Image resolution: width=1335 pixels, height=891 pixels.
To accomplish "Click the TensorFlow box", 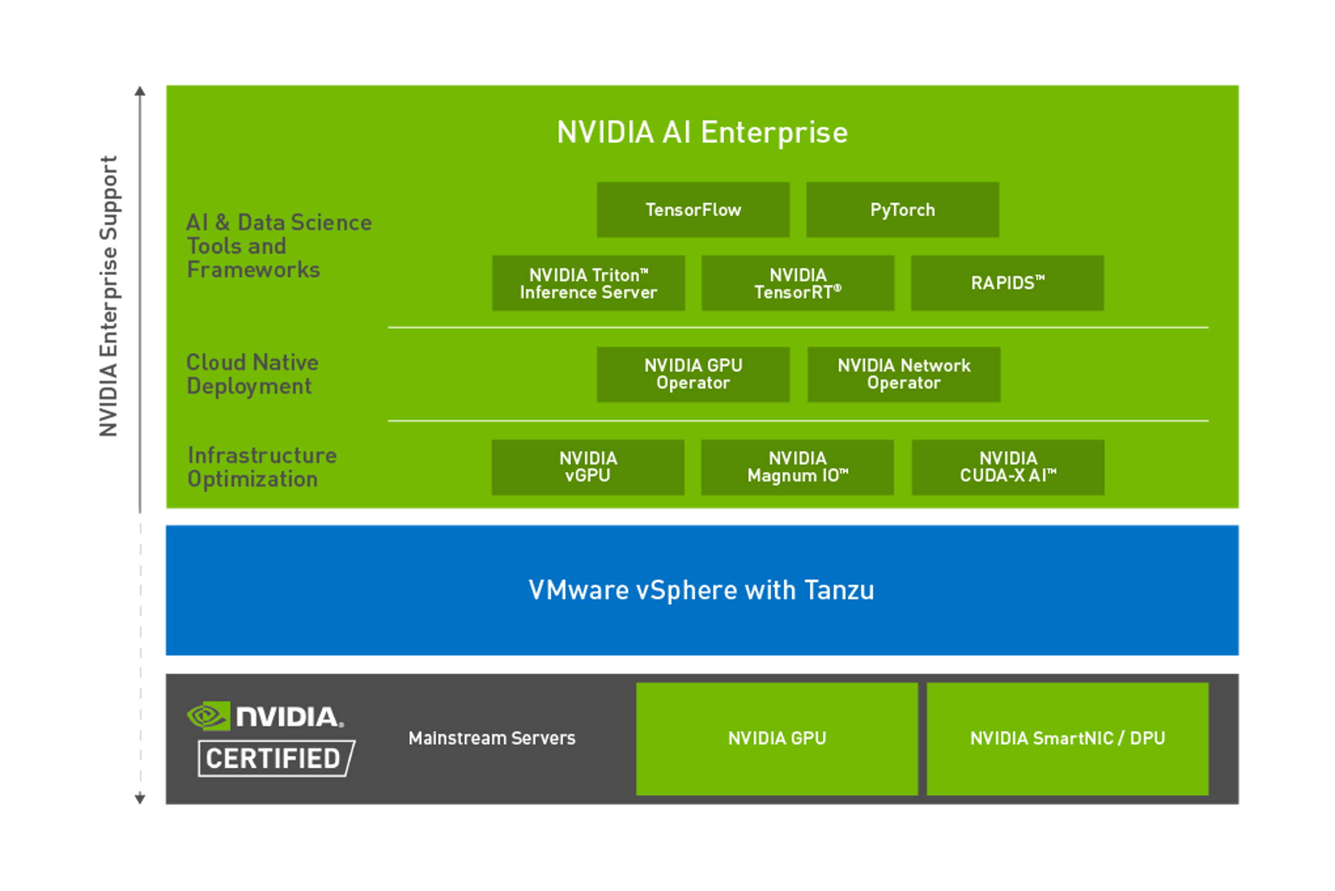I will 693,210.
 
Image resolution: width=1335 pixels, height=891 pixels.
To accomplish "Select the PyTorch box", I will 902,210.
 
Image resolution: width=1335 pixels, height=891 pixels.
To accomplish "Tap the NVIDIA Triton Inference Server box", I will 588,283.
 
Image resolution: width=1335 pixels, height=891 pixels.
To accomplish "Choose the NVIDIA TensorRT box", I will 798,283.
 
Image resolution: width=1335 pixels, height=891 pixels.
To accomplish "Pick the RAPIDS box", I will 1007,283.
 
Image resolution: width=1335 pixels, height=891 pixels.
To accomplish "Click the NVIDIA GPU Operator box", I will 693,375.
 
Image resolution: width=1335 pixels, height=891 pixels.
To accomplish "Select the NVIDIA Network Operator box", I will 903,375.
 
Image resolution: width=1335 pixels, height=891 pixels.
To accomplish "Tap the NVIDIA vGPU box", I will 588,467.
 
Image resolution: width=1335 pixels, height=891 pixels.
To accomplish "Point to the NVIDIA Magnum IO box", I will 797,467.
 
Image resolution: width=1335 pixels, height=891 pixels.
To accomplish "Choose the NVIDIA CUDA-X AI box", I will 1008,467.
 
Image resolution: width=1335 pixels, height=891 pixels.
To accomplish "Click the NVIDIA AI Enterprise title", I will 702,133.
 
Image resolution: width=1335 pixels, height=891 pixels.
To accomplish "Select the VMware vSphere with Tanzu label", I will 701,590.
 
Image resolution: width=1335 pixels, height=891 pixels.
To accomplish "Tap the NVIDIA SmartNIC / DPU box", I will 1067,739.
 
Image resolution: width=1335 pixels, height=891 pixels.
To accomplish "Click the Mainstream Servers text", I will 492,738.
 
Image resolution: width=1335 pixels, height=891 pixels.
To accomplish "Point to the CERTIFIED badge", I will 276,758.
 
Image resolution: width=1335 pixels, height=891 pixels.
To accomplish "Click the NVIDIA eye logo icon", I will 208,716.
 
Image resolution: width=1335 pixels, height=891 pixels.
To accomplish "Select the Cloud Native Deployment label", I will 252,375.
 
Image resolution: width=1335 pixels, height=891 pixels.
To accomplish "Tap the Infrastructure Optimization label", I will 262,467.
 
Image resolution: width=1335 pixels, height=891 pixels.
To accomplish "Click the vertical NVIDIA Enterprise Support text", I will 109,296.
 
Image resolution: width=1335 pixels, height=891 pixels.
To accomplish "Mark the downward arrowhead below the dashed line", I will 140,799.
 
